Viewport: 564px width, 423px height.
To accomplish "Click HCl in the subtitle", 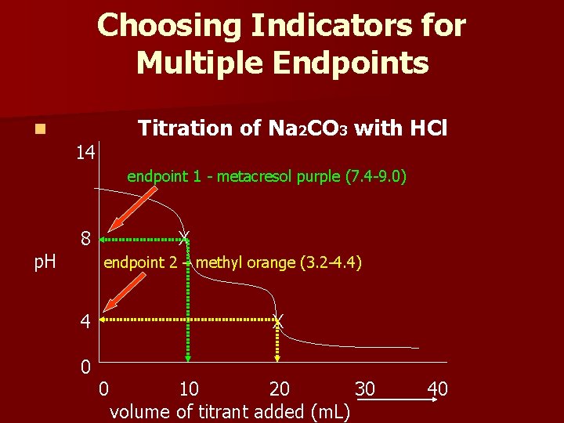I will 426,127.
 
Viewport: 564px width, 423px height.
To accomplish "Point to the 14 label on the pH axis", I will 86,152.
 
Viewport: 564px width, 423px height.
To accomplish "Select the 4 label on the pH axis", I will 86,321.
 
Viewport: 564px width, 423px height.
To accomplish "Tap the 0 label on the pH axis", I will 86,365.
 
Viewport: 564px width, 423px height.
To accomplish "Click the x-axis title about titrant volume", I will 230,410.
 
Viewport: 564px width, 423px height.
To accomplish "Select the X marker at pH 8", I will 183,237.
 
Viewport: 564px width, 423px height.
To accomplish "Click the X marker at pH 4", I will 277,320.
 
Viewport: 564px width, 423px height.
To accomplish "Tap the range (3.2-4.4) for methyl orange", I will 330,262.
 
